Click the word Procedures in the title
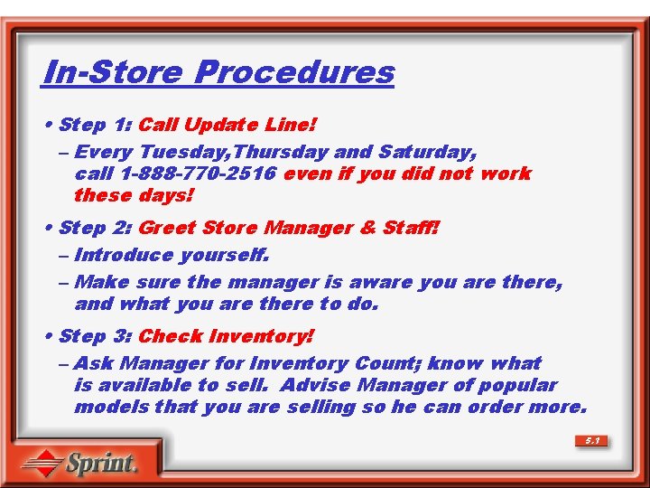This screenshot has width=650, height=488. coord(294,72)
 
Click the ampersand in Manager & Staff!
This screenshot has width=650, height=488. coord(367,228)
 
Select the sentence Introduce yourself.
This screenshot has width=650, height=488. coord(172,256)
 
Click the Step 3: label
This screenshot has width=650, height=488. coord(95,336)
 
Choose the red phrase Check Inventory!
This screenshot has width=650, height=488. coord(227,336)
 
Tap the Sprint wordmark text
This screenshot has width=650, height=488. coord(101,464)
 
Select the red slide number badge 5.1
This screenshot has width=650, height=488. coord(591,441)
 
